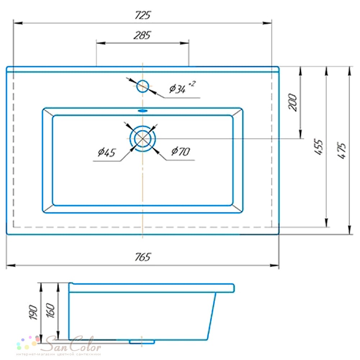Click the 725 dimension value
coord(143,15)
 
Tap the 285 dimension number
coord(142,35)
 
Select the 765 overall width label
coord(143,257)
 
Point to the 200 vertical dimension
coord(292,102)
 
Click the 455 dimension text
coord(319,147)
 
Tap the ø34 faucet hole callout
coord(182,87)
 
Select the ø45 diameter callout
coord(107,152)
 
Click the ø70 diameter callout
coord(181,151)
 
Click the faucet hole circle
coord(143,86)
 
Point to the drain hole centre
coord(143,139)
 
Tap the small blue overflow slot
coord(143,111)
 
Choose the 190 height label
coord(33,312)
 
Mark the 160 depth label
coord(51,311)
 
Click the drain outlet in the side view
coord(141,342)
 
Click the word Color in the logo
coord(85,343)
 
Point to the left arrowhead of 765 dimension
coord(10,266)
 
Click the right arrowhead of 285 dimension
coord(184,43)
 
